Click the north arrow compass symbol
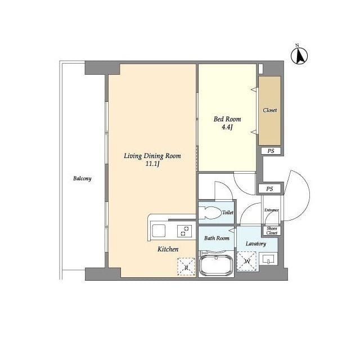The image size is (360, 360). pyautogui.click(x=299, y=55)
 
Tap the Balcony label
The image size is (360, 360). pyautogui.click(x=82, y=178)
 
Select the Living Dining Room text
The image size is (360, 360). pyautogui.click(x=152, y=156)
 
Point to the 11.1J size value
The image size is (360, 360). pyautogui.click(x=152, y=164)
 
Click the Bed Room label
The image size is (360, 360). pyautogui.click(x=227, y=119)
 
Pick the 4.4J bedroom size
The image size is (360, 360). pyautogui.click(x=227, y=127)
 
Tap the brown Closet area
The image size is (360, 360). pyautogui.click(x=270, y=111)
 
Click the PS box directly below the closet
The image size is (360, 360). pyautogui.click(x=271, y=151)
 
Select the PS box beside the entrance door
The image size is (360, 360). pyautogui.click(x=269, y=189)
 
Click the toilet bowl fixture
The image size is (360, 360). pyautogui.click(x=209, y=213)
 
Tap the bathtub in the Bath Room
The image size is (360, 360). pyautogui.click(x=216, y=264)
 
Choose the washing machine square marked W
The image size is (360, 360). pyautogui.click(x=247, y=261)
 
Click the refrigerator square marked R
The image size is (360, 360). pyautogui.click(x=186, y=267)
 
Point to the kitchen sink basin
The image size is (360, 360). pyautogui.click(x=159, y=231)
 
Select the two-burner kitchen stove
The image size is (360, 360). pyautogui.click(x=184, y=231)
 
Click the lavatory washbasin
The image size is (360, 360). pyautogui.click(x=268, y=259)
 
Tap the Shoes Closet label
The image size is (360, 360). pyautogui.click(x=272, y=231)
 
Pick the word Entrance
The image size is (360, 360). pyautogui.click(x=272, y=210)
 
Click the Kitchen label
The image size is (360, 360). pyautogui.click(x=168, y=249)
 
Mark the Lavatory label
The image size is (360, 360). pyautogui.click(x=256, y=244)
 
